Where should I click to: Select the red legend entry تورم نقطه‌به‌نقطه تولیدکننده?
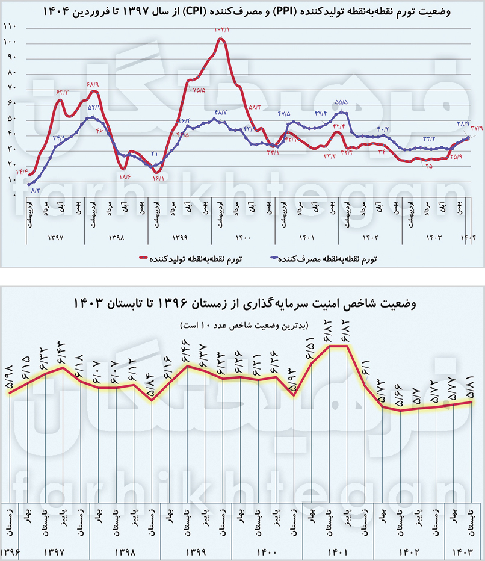pyautogui.click(x=196, y=258)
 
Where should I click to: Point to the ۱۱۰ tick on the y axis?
pyautogui.click(x=10, y=26)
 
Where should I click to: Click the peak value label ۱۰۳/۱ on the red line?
pyautogui.click(x=221, y=29)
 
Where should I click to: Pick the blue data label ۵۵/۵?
pyautogui.click(x=342, y=103)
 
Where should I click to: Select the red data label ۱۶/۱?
pyautogui.click(x=158, y=178)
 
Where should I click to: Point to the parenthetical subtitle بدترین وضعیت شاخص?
pyautogui.click(x=243, y=325)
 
